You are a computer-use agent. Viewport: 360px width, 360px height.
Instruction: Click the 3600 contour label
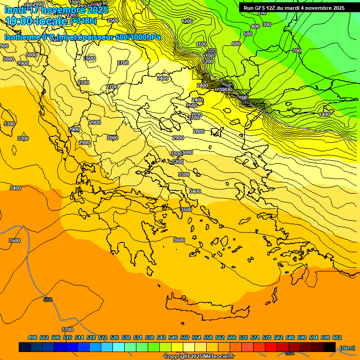179,240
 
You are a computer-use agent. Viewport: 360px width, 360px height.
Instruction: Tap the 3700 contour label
67,330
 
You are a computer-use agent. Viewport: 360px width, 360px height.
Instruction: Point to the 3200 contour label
178,162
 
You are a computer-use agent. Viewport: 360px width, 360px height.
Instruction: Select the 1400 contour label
324,114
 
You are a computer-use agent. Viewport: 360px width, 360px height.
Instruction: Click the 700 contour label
296,51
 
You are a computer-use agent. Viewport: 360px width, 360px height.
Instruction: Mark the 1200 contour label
187,21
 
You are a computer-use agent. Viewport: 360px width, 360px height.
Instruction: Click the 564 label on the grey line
48,300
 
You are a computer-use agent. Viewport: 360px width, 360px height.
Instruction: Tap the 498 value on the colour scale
32,337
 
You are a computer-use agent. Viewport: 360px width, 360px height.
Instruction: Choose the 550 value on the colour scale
185,337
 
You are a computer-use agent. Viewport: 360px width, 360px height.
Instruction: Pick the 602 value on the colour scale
337,337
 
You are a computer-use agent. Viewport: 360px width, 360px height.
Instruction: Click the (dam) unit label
347,347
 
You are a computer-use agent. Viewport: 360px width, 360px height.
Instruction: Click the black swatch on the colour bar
330,347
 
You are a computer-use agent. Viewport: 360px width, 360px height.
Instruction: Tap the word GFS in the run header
259,8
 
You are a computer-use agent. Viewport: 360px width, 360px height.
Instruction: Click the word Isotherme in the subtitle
22,37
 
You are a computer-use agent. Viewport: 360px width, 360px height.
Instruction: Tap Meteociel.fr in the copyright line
217,357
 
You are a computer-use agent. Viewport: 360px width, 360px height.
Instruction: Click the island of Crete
206,308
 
